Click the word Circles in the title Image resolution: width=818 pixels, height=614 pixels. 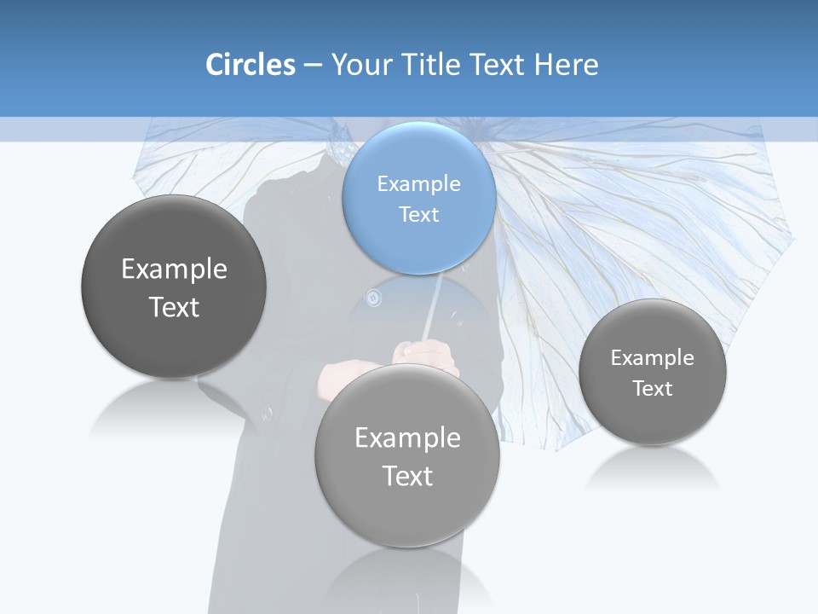tap(251, 65)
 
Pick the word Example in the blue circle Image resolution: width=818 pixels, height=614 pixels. tap(418, 183)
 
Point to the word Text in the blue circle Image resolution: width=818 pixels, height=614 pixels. tap(418, 214)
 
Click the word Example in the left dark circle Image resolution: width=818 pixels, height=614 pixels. tap(174, 269)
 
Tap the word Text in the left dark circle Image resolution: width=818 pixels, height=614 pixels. tap(174, 307)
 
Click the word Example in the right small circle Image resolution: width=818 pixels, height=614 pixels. tap(652, 357)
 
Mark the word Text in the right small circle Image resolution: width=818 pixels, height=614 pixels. tap(652, 388)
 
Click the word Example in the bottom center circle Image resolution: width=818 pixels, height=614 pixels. tap(407, 437)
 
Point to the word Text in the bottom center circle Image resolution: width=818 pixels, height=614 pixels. tap(407, 476)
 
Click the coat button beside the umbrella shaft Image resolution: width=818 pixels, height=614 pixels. tap(372, 297)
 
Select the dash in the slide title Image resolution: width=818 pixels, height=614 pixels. tap(312, 65)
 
